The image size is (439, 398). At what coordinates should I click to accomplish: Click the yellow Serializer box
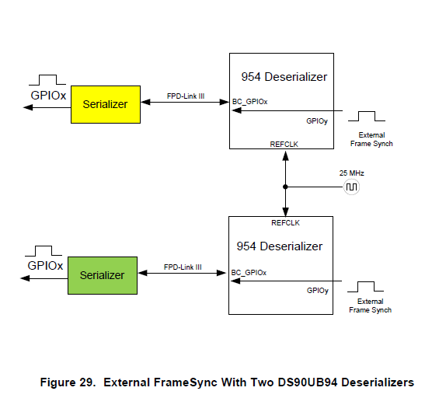pos(106,104)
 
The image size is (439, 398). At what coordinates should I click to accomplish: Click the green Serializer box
pos(102,275)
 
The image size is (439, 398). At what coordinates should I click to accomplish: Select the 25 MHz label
pos(351,173)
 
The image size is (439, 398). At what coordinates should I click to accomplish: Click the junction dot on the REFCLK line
pos(285,187)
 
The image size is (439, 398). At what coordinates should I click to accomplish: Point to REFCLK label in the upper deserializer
pos(284,143)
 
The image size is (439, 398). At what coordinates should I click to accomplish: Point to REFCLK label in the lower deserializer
pos(284,222)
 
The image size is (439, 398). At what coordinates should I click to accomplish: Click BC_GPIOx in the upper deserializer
pos(249,101)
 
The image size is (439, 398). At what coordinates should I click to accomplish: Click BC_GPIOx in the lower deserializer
pos(249,273)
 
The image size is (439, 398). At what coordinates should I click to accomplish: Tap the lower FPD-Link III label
pos(183,267)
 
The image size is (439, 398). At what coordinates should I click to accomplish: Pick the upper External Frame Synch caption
pos(371,140)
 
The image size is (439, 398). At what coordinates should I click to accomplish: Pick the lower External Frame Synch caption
pos(370,305)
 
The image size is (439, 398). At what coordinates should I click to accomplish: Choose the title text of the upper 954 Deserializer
pos(284,77)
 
